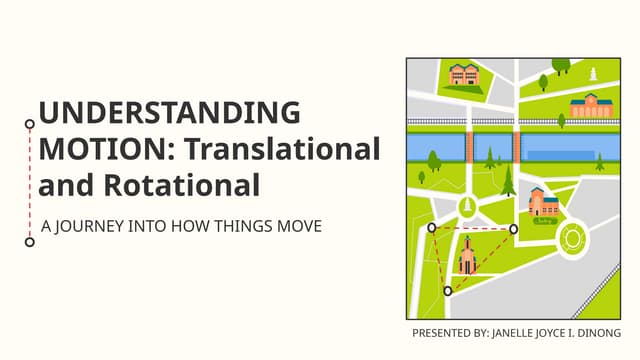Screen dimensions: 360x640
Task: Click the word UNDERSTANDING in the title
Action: pyautogui.click(x=169, y=112)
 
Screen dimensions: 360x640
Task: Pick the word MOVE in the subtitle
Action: pyautogui.click(x=300, y=227)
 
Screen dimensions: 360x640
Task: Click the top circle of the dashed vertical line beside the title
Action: pyautogui.click(x=30, y=124)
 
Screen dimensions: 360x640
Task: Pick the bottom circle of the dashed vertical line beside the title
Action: pyautogui.click(x=30, y=241)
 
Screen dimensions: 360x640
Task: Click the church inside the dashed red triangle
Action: pyautogui.click(x=466, y=258)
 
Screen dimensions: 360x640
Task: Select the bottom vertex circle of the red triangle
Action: pyautogui.click(x=448, y=291)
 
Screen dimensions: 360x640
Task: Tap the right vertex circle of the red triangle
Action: pyautogui.click(x=514, y=229)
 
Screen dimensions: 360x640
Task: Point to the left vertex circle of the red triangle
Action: pyautogui.click(x=432, y=228)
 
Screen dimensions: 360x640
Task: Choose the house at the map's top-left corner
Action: pyautogui.click(x=463, y=74)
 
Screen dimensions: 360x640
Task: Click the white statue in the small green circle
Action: pyautogui.click(x=466, y=207)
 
